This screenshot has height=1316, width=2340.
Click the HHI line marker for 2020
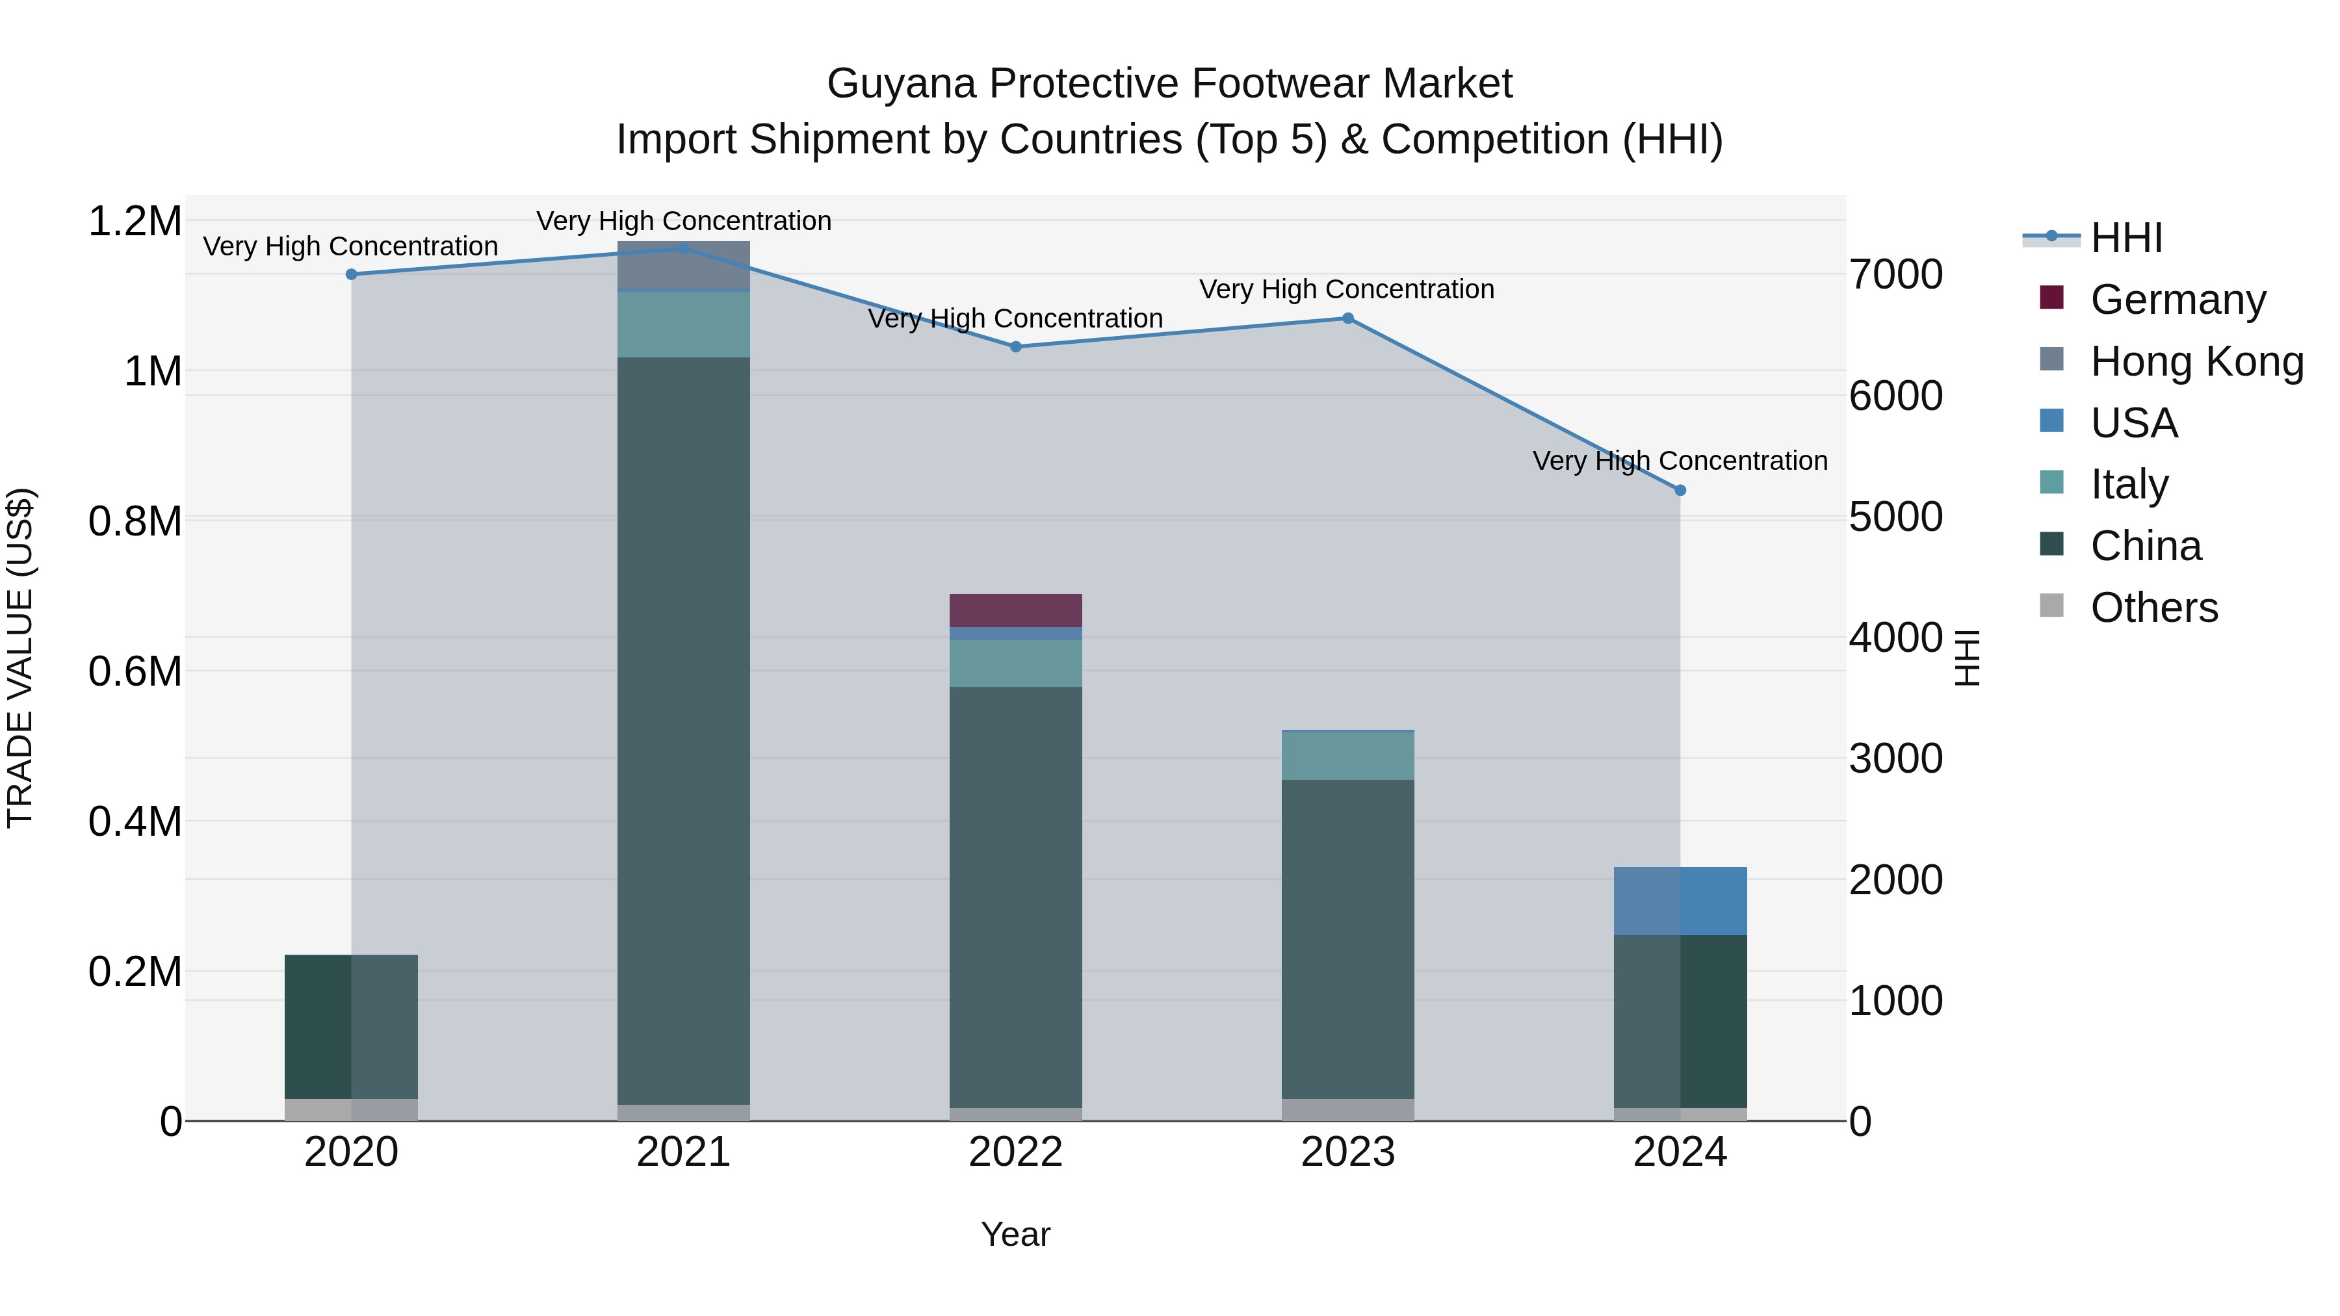click(x=352, y=274)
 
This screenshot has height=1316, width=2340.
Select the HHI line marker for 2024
click(x=1680, y=491)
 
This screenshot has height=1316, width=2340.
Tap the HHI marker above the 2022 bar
click(x=1015, y=347)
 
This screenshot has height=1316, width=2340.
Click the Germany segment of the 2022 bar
click(x=1015, y=610)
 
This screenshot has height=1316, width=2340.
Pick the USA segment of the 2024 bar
click(x=1680, y=901)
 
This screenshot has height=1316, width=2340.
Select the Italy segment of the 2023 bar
click(x=1347, y=756)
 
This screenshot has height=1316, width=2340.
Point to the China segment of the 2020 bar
click(x=352, y=1026)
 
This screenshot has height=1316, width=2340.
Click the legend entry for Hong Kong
click(x=2196, y=361)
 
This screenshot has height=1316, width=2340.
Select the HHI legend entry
click(x=2125, y=238)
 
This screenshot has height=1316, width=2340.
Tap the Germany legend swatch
click(x=2051, y=298)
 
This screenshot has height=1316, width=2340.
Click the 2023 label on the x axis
click(x=1347, y=1152)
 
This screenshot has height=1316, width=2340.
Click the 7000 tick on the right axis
click(x=1896, y=274)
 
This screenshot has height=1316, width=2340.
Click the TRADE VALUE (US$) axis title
click(x=20, y=658)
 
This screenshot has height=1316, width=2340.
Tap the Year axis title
click(x=1015, y=1234)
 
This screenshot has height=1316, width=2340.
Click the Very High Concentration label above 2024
click(x=1680, y=461)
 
